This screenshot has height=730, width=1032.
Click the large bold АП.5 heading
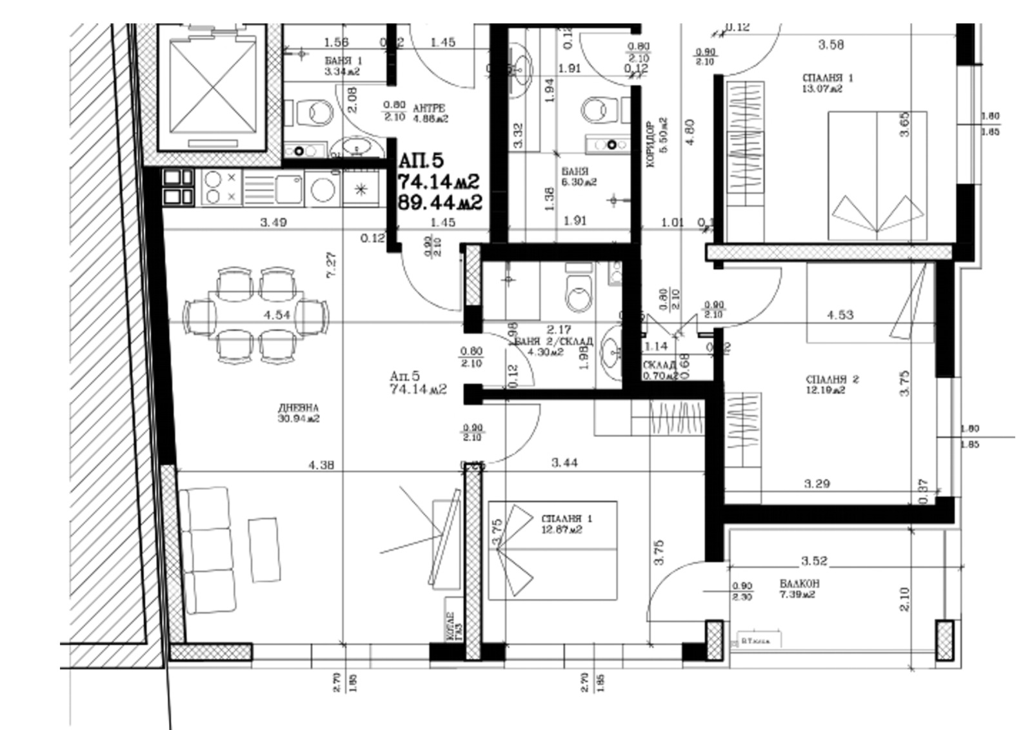421,160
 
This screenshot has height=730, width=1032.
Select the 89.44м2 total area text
440,202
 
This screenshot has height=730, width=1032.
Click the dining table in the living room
256,315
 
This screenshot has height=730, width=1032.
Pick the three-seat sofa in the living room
208,550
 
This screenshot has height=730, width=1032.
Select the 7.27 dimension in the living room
332,265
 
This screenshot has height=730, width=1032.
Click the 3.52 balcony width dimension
814,560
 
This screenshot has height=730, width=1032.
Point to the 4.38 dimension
321,464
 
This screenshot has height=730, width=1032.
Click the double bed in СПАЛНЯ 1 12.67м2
553,550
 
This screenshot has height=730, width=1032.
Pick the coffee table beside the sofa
264,549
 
